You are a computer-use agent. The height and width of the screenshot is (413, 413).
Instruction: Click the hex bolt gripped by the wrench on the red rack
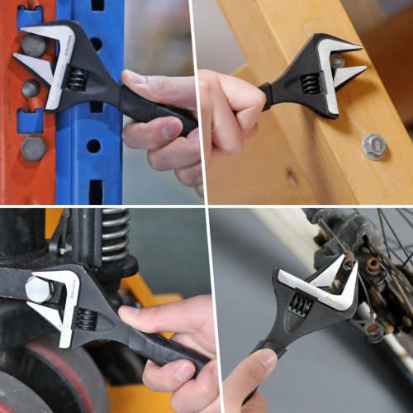click(x=33, y=45)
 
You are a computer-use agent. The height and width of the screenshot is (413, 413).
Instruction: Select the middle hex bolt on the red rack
click(x=31, y=87)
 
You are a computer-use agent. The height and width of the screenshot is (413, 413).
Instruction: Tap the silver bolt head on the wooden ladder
click(x=374, y=146)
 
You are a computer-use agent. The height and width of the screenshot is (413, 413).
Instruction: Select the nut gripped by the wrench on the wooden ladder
click(x=337, y=60)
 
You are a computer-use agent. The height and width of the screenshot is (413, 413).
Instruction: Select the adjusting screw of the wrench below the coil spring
click(x=86, y=318)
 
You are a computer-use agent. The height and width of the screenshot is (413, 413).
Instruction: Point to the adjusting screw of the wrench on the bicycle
click(x=301, y=305)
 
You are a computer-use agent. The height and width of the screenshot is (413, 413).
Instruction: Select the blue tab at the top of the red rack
click(x=28, y=14)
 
